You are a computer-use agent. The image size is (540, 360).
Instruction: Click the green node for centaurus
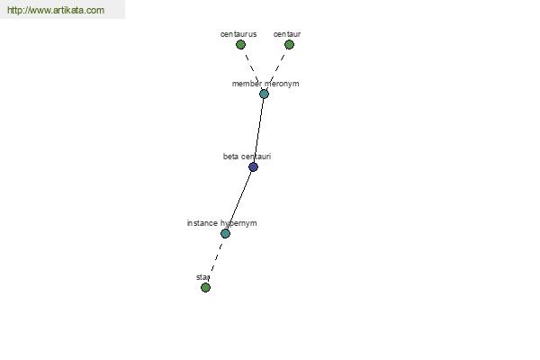pyautogui.click(x=240, y=44)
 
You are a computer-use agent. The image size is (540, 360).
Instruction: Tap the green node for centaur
pyautogui.click(x=289, y=44)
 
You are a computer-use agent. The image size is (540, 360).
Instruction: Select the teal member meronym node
pyautogui.click(x=264, y=94)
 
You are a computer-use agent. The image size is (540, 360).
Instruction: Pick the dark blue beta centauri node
pyautogui.click(x=253, y=167)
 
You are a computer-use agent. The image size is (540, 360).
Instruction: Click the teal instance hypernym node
pyautogui.click(x=225, y=234)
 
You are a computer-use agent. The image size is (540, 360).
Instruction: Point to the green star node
pyautogui.click(x=205, y=287)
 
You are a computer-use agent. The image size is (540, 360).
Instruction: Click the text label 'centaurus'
pyautogui.click(x=238, y=34)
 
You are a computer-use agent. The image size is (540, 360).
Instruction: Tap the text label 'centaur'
pyautogui.click(x=287, y=34)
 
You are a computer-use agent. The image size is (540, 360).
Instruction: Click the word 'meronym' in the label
pyautogui.click(x=282, y=84)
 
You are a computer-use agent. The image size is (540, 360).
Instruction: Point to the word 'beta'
pyautogui.click(x=229, y=157)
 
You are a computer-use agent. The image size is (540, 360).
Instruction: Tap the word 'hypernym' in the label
pyautogui.click(x=238, y=223)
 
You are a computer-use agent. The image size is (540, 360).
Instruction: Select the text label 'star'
pyautogui.click(x=202, y=277)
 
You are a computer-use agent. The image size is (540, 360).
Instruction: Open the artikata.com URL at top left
pyautogui.click(x=56, y=10)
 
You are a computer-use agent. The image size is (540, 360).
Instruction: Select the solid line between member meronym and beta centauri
pyautogui.click(x=258, y=130)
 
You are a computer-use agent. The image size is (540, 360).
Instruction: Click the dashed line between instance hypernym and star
pyautogui.click(x=216, y=260)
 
